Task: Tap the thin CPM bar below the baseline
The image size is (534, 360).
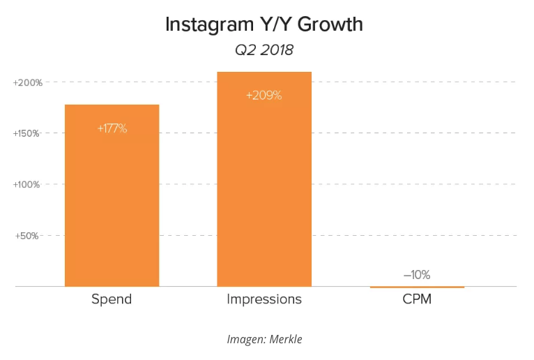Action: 417,287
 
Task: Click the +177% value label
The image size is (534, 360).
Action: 112,128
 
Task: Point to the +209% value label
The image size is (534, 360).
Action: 264,96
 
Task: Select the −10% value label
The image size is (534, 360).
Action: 417,275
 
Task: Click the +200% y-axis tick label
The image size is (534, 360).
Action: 28,82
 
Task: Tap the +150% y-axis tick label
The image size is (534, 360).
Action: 28,133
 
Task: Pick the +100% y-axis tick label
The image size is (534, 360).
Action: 28,185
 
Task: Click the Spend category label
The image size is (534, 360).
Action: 112,299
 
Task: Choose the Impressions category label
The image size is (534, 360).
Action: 264,299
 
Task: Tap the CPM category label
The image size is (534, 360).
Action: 417,299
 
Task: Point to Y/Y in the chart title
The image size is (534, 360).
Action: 278,25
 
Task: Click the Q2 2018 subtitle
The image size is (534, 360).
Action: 264,50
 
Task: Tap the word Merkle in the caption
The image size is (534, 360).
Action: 284,340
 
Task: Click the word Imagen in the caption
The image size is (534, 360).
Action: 244,340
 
